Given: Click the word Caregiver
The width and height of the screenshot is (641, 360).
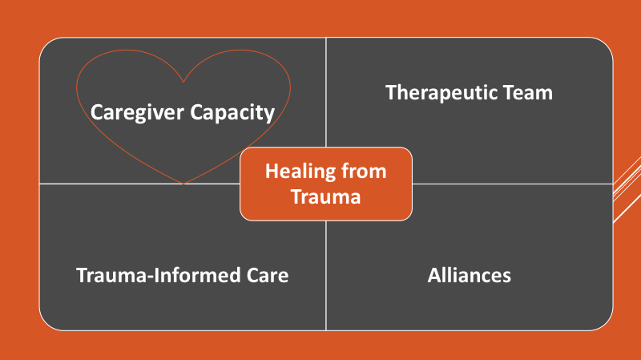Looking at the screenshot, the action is (x=137, y=113).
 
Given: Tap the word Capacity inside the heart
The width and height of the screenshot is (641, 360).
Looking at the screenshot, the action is (x=232, y=113).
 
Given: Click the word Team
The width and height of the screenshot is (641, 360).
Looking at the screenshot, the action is (x=528, y=92).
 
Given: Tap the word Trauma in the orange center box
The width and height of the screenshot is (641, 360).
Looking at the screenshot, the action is (x=326, y=196).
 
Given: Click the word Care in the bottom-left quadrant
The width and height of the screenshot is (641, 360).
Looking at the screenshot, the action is (x=268, y=275).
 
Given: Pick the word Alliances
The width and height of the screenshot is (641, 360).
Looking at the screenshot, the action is (x=470, y=275).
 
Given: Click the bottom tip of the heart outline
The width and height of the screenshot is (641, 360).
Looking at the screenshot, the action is (x=183, y=184).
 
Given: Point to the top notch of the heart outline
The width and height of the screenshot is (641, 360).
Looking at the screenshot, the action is (x=183, y=82).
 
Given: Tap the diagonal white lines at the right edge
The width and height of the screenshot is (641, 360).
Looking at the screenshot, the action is (x=627, y=189).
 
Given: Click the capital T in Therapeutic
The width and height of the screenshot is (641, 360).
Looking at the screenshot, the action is (x=392, y=92).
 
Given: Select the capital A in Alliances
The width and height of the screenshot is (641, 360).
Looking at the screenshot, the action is (x=434, y=275).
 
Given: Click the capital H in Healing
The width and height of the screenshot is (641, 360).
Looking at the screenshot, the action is (x=272, y=171).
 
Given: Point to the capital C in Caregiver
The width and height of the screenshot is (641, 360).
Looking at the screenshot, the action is (x=96, y=112).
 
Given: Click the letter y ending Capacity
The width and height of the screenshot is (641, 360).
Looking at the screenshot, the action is (x=269, y=115).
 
